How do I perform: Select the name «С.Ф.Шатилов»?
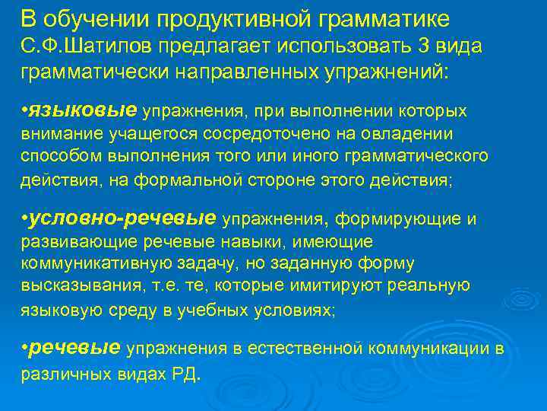(x=82, y=46)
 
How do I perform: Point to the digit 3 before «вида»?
(x=422, y=46)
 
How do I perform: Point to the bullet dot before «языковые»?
(x=24, y=111)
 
